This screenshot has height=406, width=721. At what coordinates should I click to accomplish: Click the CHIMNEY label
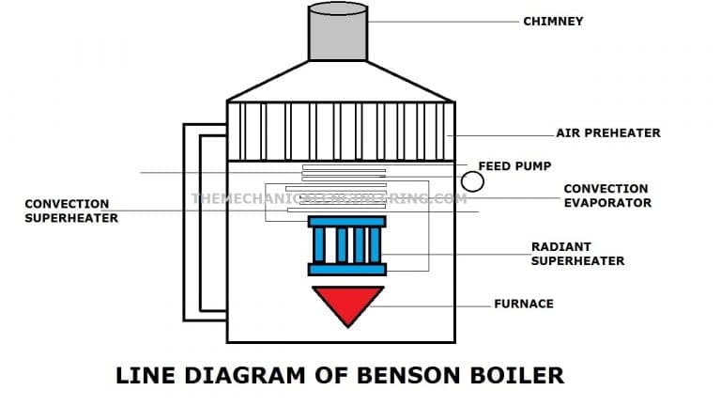tap(553, 21)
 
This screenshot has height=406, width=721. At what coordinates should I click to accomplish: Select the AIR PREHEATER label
tap(607, 133)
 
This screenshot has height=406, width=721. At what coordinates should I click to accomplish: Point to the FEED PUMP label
tap(508, 165)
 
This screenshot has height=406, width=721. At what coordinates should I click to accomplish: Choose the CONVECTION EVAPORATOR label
tap(606, 195)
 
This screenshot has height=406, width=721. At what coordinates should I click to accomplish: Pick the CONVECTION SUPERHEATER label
tap(71, 211)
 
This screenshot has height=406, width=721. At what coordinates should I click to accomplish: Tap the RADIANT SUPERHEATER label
tap(577, 254)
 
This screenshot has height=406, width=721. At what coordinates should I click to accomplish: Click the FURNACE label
tap(524, 304)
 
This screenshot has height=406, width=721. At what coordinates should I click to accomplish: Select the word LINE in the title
tap(143, 376)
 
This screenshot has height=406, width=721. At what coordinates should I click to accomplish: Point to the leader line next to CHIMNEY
tap(442, 21)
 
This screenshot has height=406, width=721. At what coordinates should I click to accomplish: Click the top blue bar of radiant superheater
tap(346, 222)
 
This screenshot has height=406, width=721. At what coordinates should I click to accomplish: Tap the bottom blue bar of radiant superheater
tap(346, 270)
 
